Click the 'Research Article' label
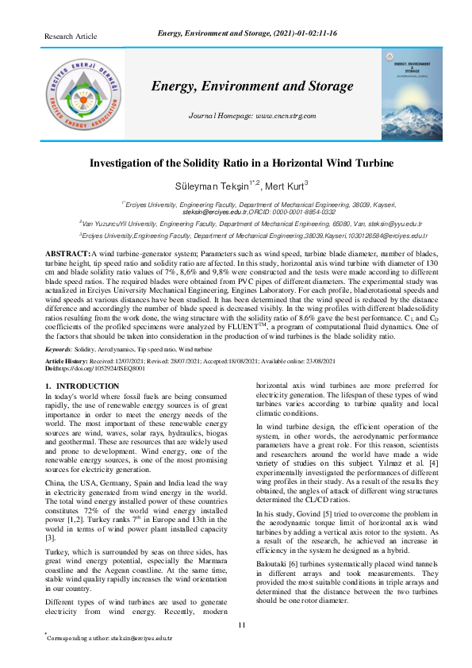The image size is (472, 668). click(x=71, y=36)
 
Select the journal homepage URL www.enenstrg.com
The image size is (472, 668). click(x=286, y=116)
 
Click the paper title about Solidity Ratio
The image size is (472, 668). click(x=240, y=163)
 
